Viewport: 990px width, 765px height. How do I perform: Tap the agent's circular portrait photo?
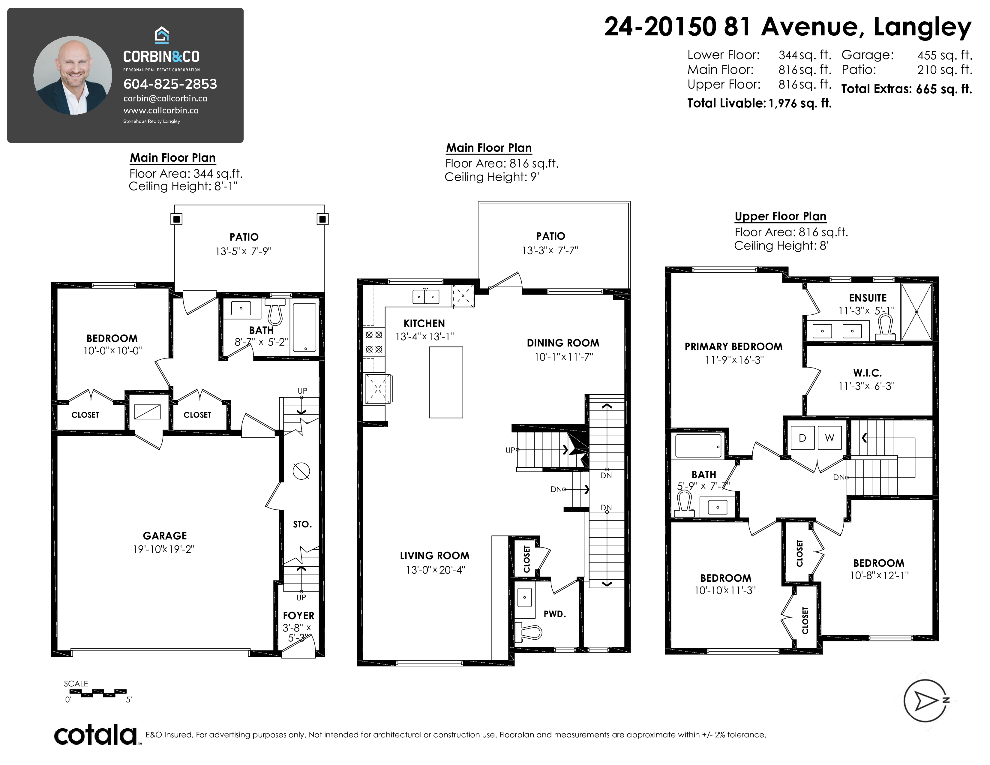point(73,75)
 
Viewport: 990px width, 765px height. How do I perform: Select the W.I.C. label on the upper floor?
point(867,373)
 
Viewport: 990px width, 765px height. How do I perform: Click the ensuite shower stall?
point(916,312)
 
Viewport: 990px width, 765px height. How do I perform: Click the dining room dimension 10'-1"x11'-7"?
point(563,357)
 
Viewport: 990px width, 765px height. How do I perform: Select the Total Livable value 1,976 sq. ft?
point(800,103)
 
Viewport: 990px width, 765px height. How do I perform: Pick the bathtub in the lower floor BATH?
point(304,327)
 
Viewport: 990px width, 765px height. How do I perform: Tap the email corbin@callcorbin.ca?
point(166,98)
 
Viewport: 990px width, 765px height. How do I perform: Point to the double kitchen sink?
point(426,297)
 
